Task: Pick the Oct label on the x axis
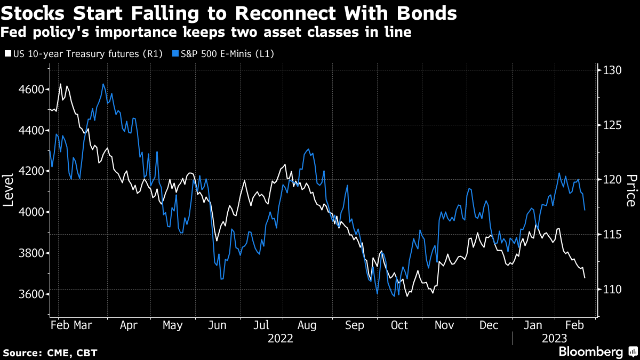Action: coord(399,325)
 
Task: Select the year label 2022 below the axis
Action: coord(281,338)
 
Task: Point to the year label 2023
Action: coord(555,338)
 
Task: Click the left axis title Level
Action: coord(9,190)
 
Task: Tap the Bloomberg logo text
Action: coord(590,351)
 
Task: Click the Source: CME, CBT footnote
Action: coord(50,353)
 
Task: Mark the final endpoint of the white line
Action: coord(585,278)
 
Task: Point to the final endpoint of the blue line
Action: coord(585,210)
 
